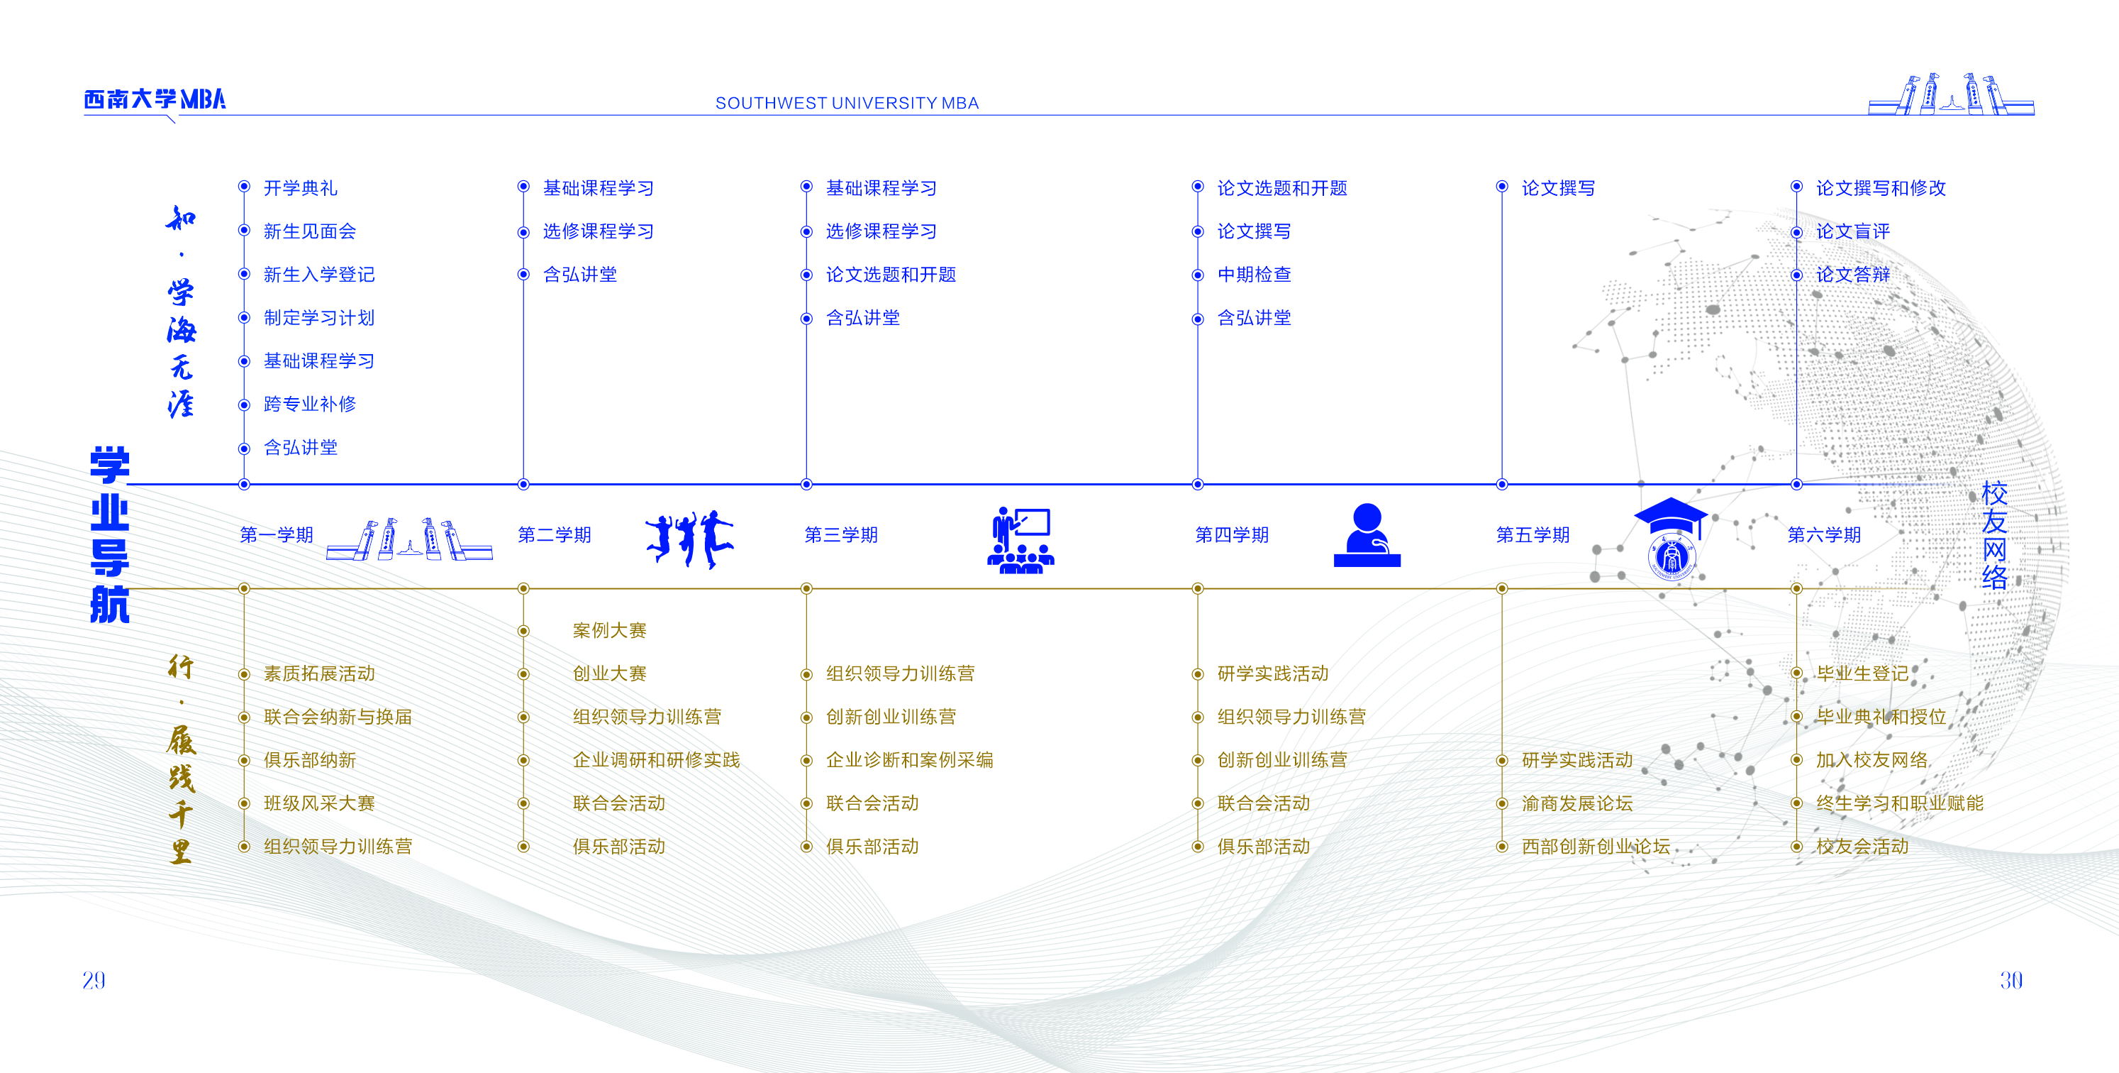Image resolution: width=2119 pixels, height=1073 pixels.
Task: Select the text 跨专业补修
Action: tap(309, 404)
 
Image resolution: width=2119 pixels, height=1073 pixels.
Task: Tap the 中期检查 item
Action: tap(1254, 275)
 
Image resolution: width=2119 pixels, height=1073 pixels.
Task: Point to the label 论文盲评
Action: tap(1852, 232)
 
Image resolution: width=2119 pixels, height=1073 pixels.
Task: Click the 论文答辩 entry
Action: tap(1852, 275)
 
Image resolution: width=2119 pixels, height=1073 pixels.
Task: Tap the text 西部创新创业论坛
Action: tap(1595, 847)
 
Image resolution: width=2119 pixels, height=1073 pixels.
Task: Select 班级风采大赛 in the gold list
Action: tap(319, 804)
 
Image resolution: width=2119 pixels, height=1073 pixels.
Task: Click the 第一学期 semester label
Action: tap(277, 536)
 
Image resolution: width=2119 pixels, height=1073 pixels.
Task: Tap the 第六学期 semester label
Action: tap(1824, 536)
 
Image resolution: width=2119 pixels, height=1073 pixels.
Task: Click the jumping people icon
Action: tap(689, 539)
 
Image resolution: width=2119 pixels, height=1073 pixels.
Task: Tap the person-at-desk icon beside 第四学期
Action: tap(1367, 536)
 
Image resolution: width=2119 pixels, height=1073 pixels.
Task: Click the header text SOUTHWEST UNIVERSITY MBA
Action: tap(847, 104)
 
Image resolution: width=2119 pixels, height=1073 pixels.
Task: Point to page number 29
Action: tap(94, 980)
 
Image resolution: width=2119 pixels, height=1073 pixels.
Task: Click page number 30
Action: tap(2010, 980)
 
